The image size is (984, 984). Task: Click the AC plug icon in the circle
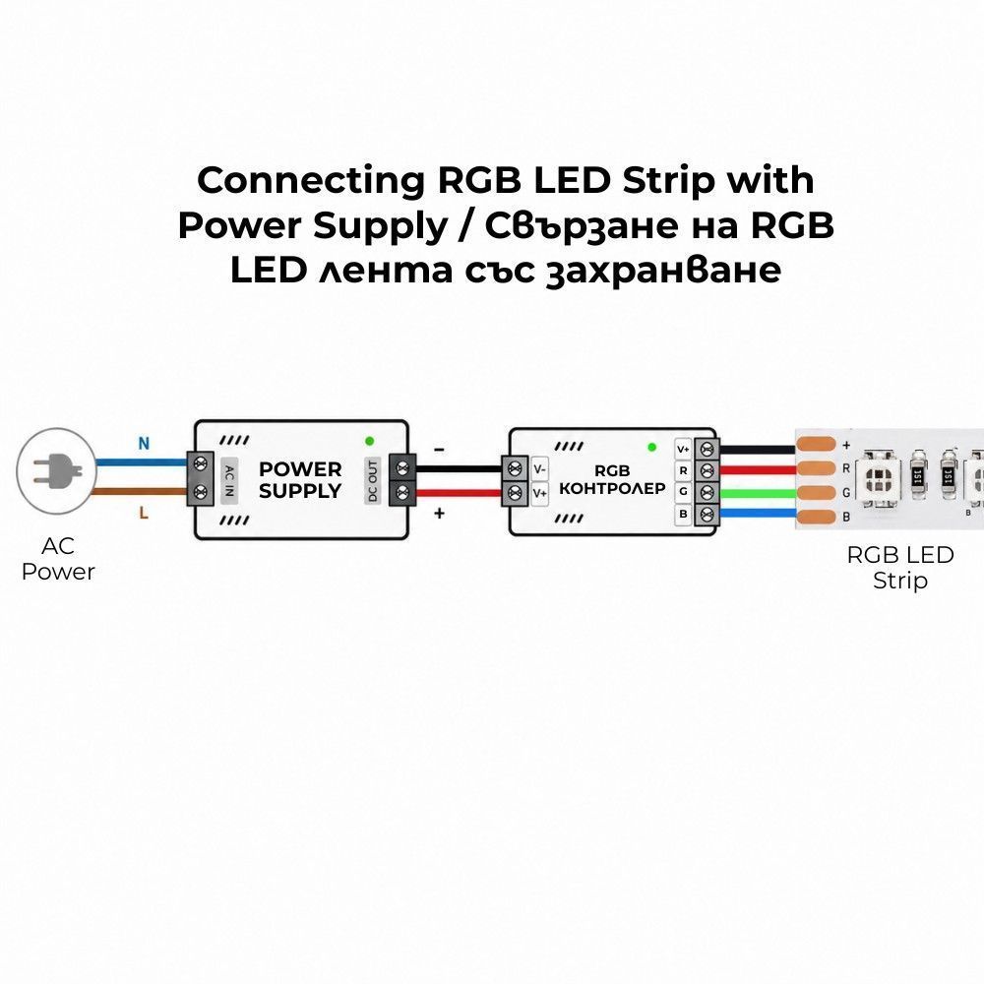[x=56, y=470]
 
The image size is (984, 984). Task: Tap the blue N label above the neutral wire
[x=144, y=444]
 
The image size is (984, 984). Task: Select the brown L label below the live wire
[x=144, y=514]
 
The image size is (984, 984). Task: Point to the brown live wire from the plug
[x=141, y=491]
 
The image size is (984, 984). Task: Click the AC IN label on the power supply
[x=229, y=481]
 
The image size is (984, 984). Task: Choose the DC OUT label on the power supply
[x=373, y=481]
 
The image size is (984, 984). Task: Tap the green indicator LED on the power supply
[x=370, y=441]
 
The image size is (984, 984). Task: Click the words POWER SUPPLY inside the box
[x=300, y=480]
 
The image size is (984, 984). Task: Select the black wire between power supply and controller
[x=459, y=468]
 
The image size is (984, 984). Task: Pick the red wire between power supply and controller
[x=459, y=493]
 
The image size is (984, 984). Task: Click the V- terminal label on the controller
[x=539, y=469]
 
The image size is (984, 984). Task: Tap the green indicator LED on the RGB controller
[x=652, y=447]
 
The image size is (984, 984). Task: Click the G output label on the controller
[x=683, y=491]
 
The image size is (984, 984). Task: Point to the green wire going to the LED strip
[x=758, y=493]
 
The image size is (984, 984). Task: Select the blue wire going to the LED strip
[x=758, y=514]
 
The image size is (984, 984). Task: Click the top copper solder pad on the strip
[x=816, y=445]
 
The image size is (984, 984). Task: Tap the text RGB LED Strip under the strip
[x=900, y=568]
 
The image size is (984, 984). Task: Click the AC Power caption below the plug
[x=58, y=559]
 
